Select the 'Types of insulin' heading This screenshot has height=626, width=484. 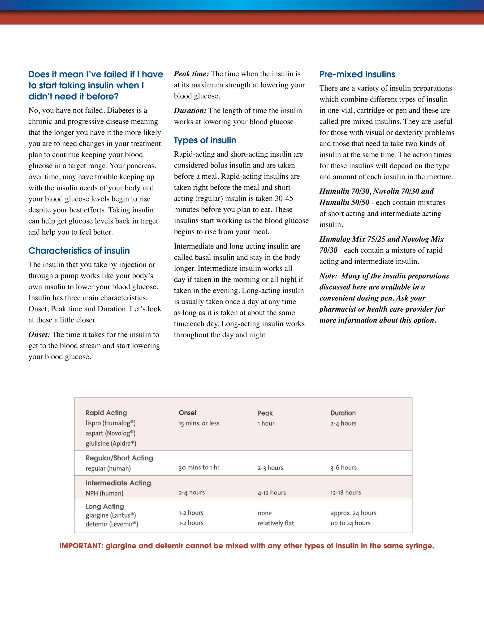205,140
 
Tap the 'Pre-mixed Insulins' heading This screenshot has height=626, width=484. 357,74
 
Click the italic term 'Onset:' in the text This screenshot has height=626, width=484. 39,334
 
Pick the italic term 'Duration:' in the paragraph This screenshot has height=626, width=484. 190,111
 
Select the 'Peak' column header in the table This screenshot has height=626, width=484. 265,413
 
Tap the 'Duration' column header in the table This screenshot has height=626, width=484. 343,413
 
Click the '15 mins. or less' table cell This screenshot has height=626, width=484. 199,423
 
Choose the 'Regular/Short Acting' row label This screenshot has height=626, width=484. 119,458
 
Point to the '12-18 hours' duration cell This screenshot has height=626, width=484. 345,493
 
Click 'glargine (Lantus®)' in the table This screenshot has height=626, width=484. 110,515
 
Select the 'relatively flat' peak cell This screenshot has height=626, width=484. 276,523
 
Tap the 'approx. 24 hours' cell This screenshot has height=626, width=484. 353,513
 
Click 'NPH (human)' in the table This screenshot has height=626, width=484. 104,493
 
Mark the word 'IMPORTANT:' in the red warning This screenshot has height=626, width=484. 81,546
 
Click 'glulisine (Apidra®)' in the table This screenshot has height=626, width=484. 111,443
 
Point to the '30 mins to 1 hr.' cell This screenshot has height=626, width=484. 199,467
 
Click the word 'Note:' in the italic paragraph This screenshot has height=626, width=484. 328,276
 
